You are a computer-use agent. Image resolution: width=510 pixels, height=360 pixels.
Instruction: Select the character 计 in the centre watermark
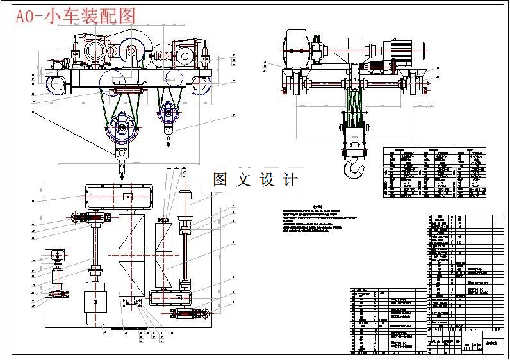coord(290,180)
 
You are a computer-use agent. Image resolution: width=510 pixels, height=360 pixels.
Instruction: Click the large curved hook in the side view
coord(352,168)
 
